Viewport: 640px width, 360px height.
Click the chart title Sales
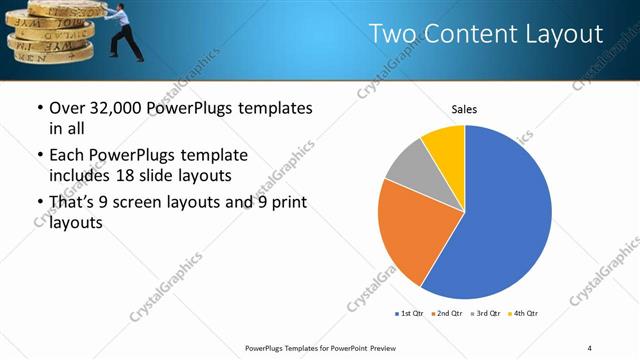click(463, 108)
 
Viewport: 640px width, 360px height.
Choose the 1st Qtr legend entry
click(410, 314)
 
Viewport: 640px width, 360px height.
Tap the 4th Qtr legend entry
click(524, 314)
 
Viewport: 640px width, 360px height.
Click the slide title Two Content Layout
click(486, 34)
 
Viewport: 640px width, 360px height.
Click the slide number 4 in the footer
click(589, 347)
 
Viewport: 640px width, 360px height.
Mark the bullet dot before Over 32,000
click(38, 108)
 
